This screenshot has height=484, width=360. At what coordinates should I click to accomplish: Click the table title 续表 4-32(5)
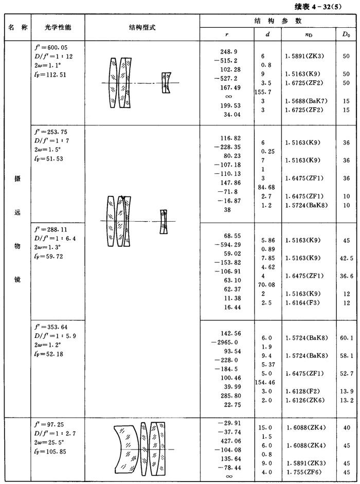point(328,7)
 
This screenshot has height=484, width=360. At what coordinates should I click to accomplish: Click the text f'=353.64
point(50,327)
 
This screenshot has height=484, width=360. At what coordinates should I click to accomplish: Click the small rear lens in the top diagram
point(165,82)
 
